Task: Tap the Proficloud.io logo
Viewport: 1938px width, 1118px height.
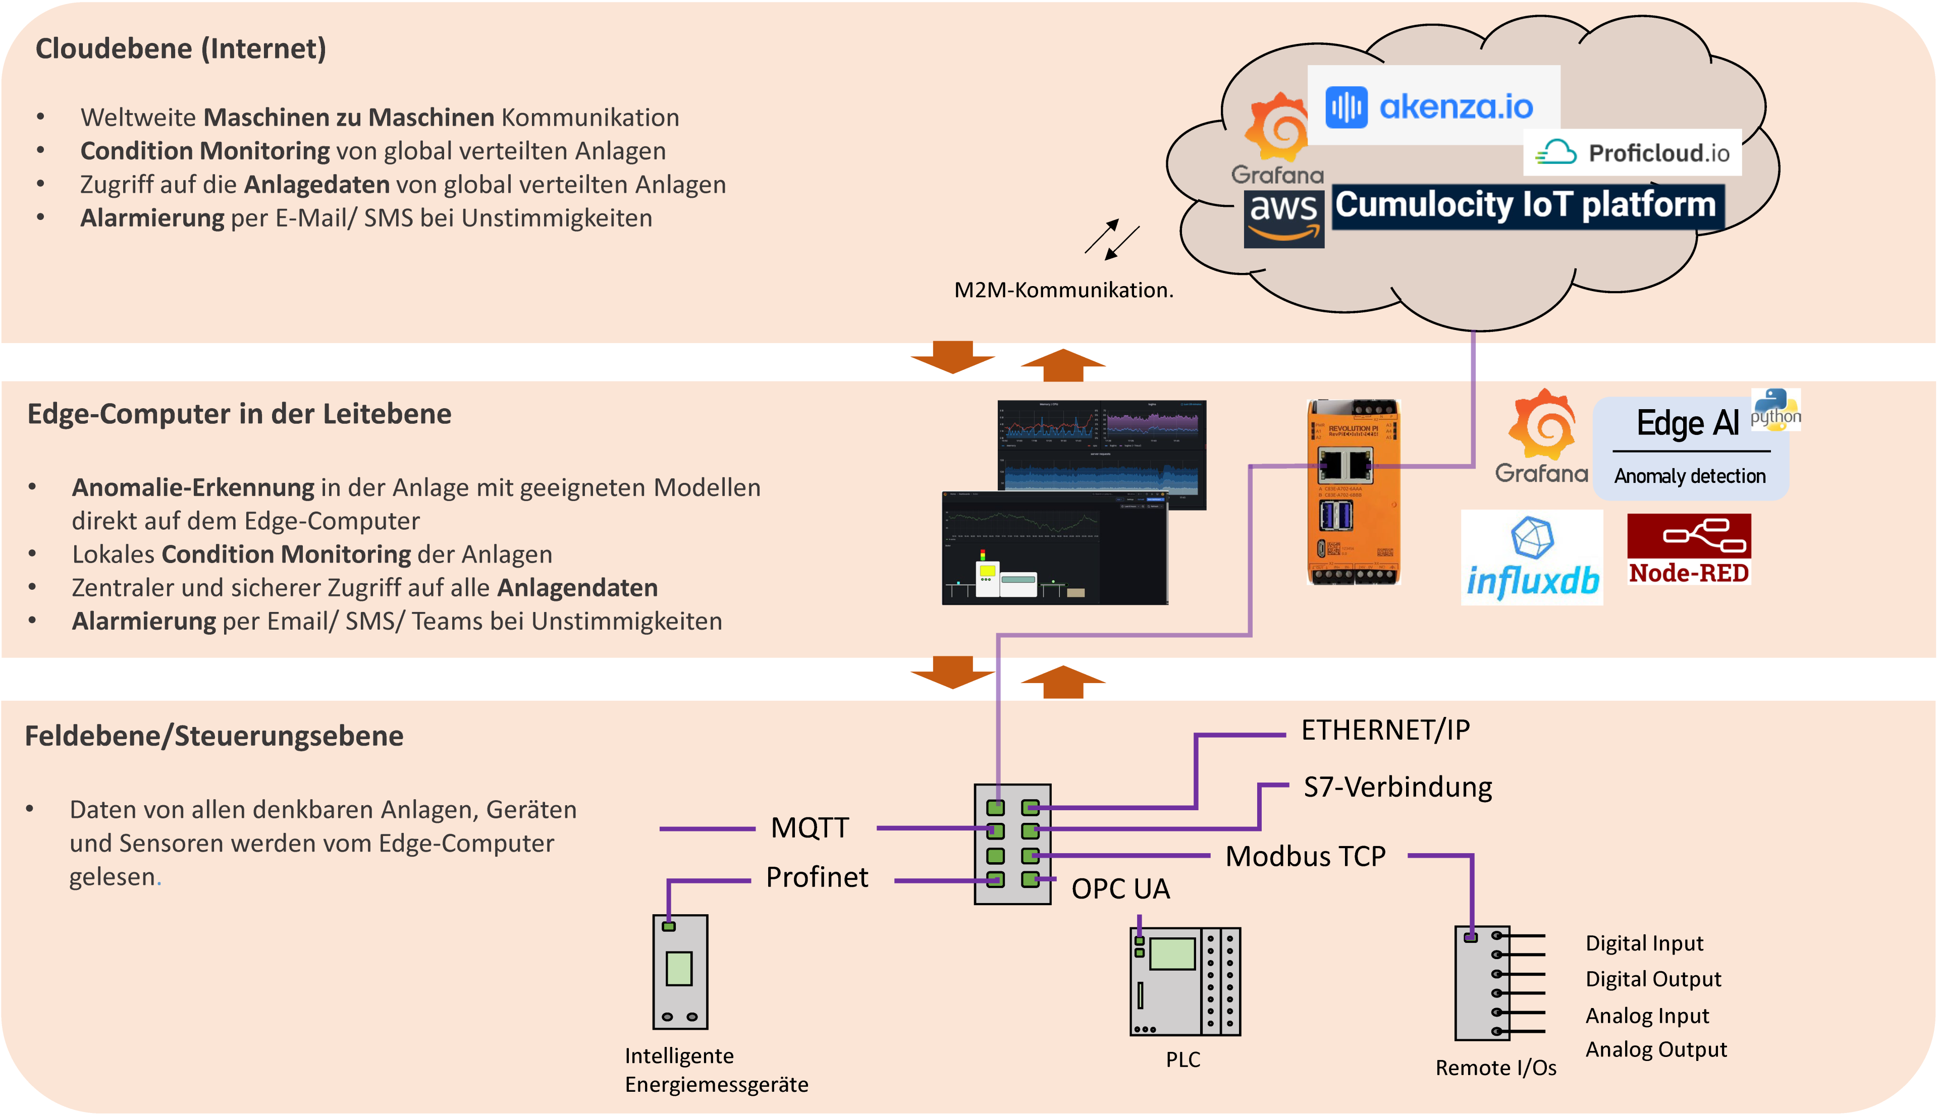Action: pyautogui.click(x=1632, y=153)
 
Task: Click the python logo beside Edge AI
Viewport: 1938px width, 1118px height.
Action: pyautogui.click(x=1775, y=409)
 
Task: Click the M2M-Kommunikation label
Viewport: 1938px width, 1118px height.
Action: pyautogui.click(x=1063, y=290)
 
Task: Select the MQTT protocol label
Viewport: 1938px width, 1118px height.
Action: pyautogui.click(x=810, y=828)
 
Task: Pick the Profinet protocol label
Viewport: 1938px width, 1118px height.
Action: pyautogui.click(x=817, y=877)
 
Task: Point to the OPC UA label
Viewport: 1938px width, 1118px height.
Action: pyautogui.click(x=1121, y=888)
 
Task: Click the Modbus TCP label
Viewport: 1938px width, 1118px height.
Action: pyautogui.click(x=1305, y=856)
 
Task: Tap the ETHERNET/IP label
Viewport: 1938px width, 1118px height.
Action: pyautogui.click(x=1385, y=730)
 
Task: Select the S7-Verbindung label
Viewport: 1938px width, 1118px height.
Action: pyautogui.click(x=1397, y=787)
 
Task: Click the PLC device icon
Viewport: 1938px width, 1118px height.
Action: pyautogui.click(x=1185, y=981)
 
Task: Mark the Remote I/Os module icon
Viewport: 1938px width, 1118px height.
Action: pyautogui.click(x=1482, y=983)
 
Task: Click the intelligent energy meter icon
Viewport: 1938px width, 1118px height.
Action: pyautogui.click(x=680, y=971)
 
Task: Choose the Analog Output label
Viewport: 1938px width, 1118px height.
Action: pyautogui.click(x=1655, y=1050)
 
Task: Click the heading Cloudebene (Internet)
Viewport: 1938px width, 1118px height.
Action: pyautogui.click(x=181, y=49)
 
